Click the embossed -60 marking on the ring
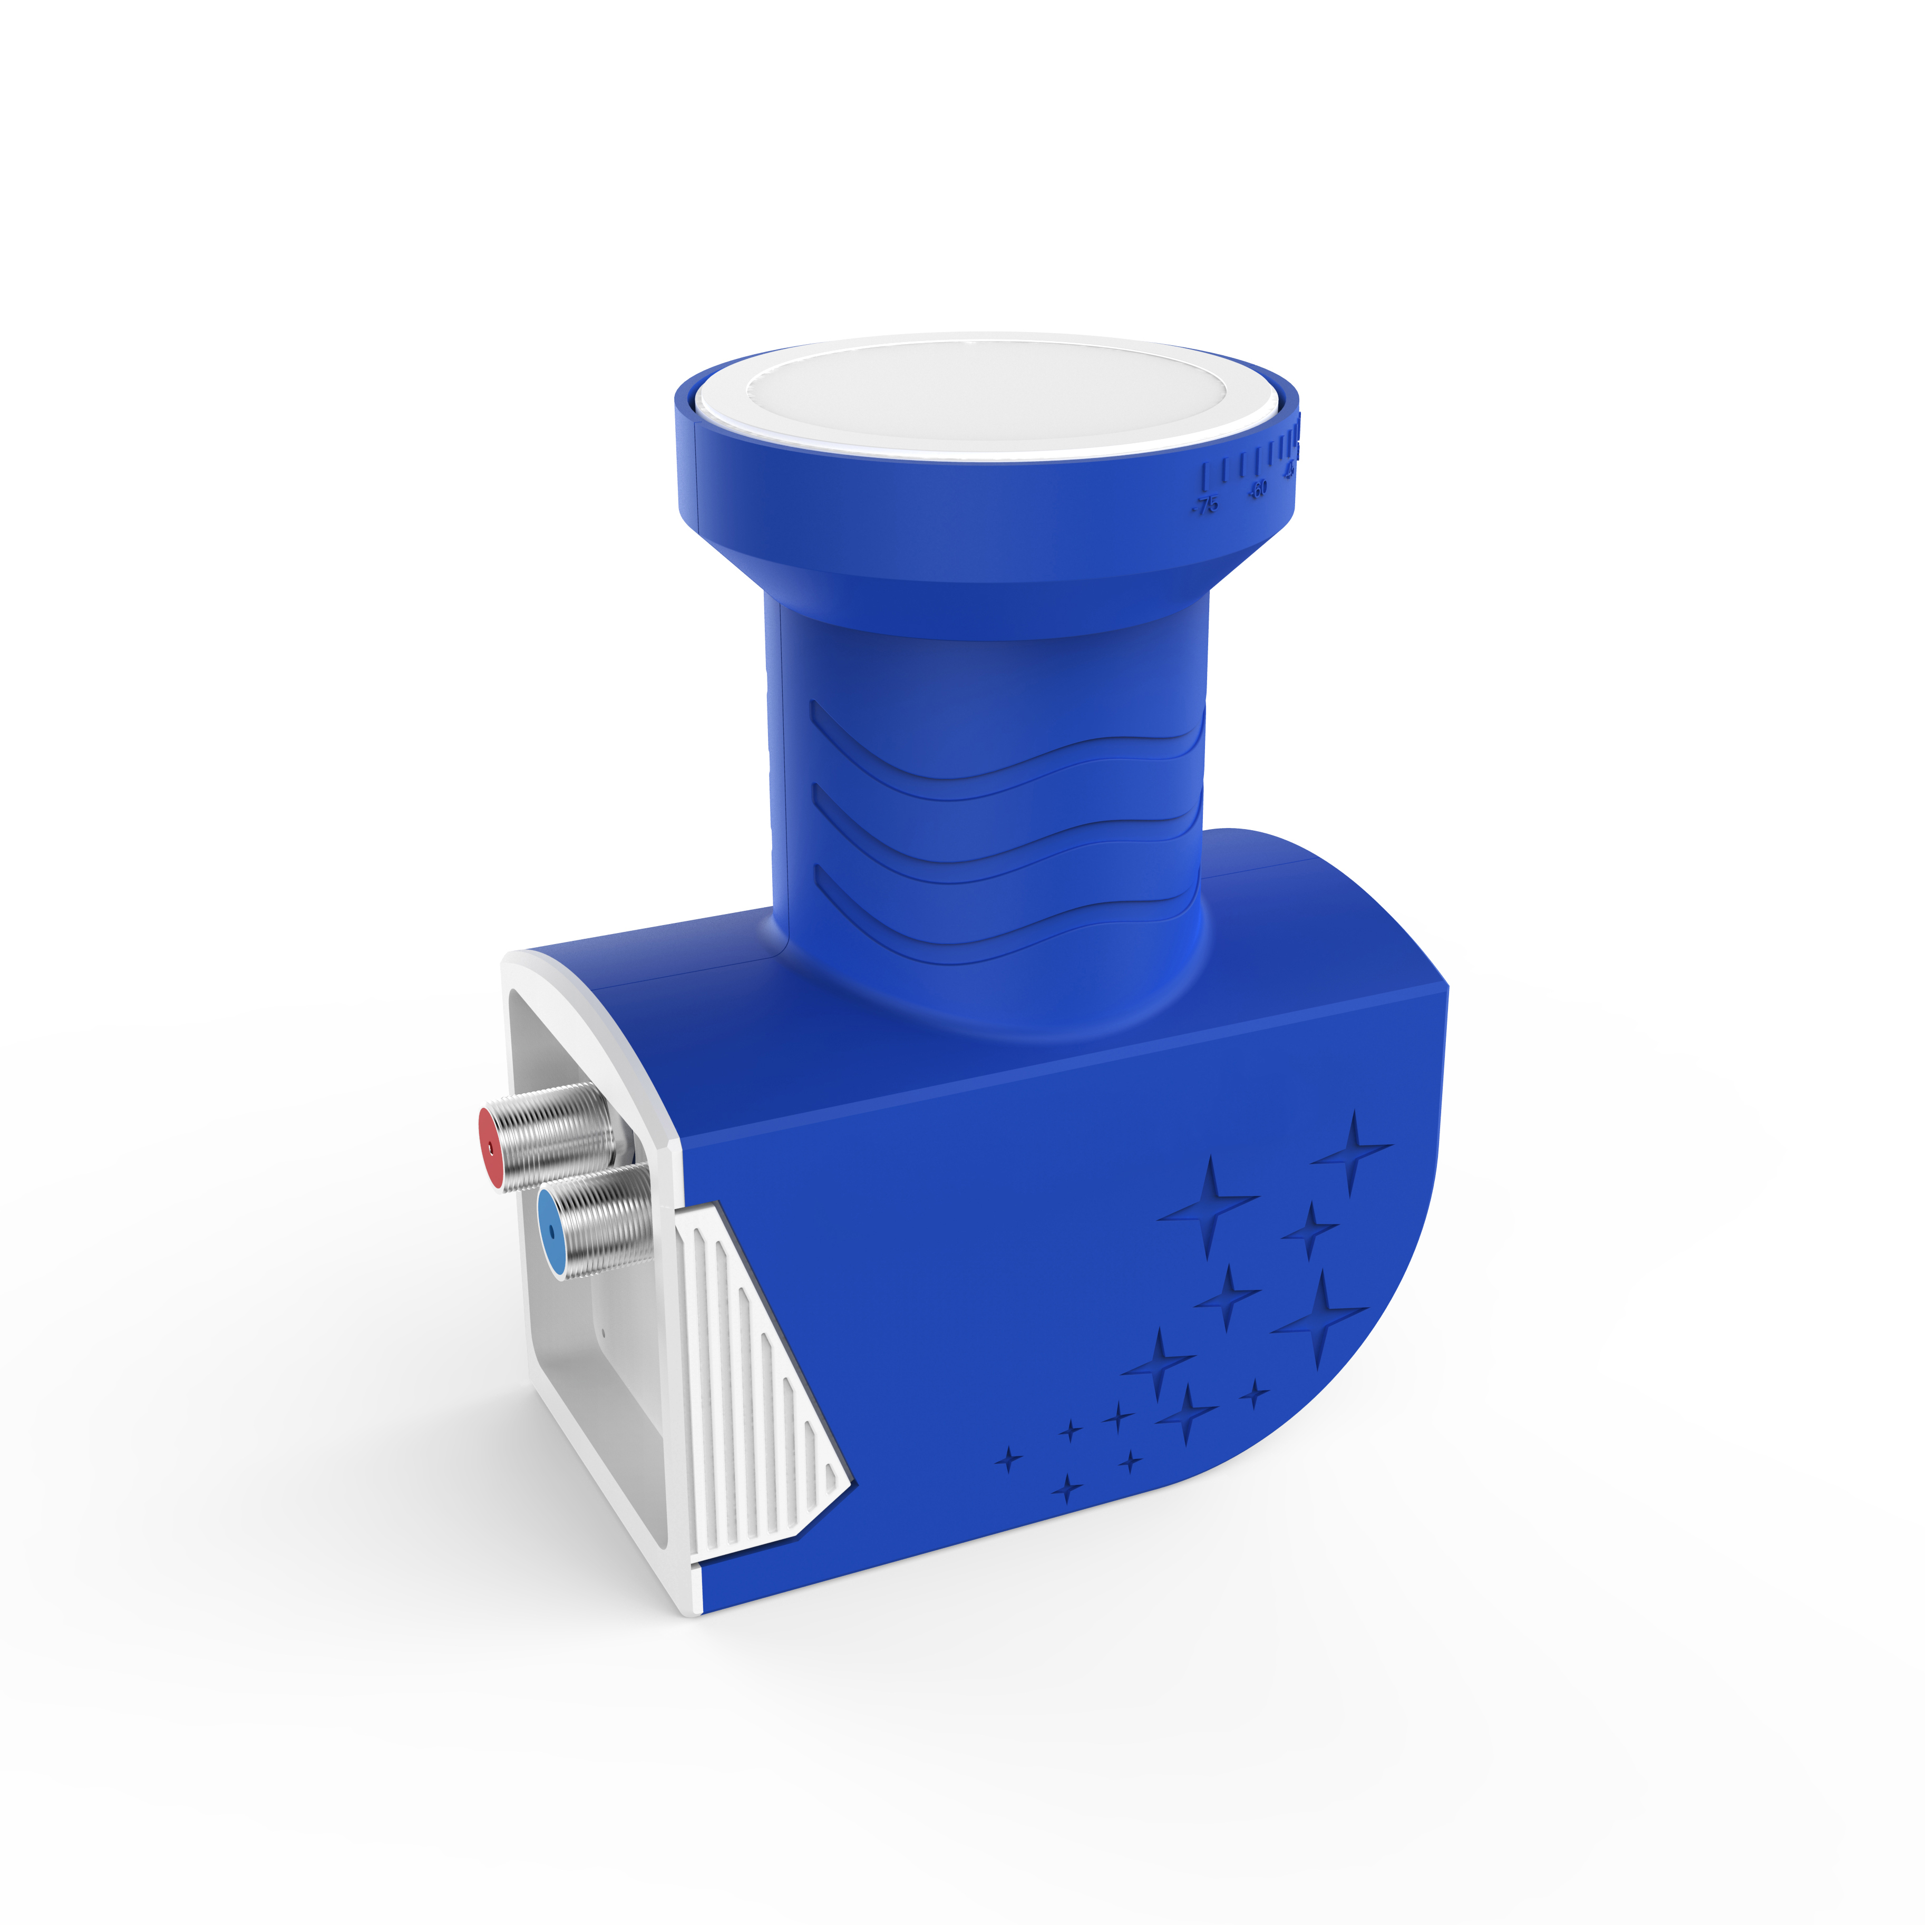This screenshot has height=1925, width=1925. click(1258, 488)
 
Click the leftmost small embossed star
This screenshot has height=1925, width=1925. click(1008, 1460)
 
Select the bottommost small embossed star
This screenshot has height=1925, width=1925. click(1067, 1490)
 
